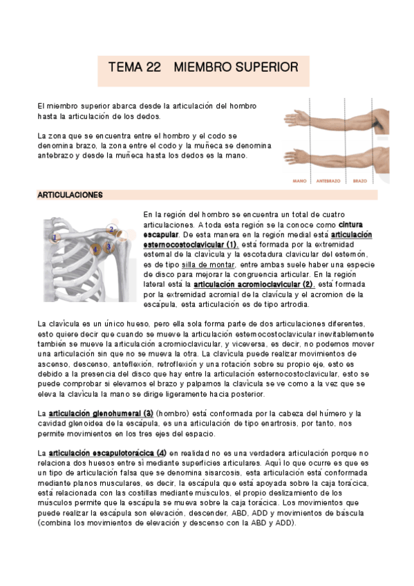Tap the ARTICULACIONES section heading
pyautogui.click(x=70, y=195)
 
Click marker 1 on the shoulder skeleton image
pyautogui.click(x=55, y=237)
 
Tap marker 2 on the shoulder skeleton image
pyautogui.click(x=111, y=229)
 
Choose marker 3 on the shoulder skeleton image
pyautogui.click(x=109, y=246)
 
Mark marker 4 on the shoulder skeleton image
pyautogui.click(x=95, y=249)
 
